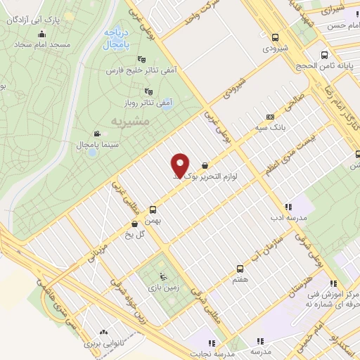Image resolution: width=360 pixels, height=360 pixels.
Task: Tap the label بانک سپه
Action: pyautogui.click(x=270, y=128)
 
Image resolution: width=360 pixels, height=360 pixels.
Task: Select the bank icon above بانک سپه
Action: pyautogui.click(x=270, y=117)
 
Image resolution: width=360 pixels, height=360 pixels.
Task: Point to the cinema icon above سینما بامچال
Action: pyautogui.click(x=96, y=134)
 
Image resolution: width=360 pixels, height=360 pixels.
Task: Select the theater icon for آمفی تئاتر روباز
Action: pyautogui.click(x=148, y=91)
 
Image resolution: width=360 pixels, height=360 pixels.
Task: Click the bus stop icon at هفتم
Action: pyautogui.click(x=240, y=268)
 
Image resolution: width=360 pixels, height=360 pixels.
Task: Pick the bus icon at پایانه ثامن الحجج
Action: pyautogui.click(x=323, y=55)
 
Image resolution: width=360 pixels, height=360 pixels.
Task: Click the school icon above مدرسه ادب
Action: pyautogui.click(x=288, y=207)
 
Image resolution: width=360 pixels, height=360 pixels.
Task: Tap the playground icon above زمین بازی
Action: pyautogui.click(x=163, y=276)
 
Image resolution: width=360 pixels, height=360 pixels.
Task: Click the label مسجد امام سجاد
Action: pyautogui.click(x=44, y=44)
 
